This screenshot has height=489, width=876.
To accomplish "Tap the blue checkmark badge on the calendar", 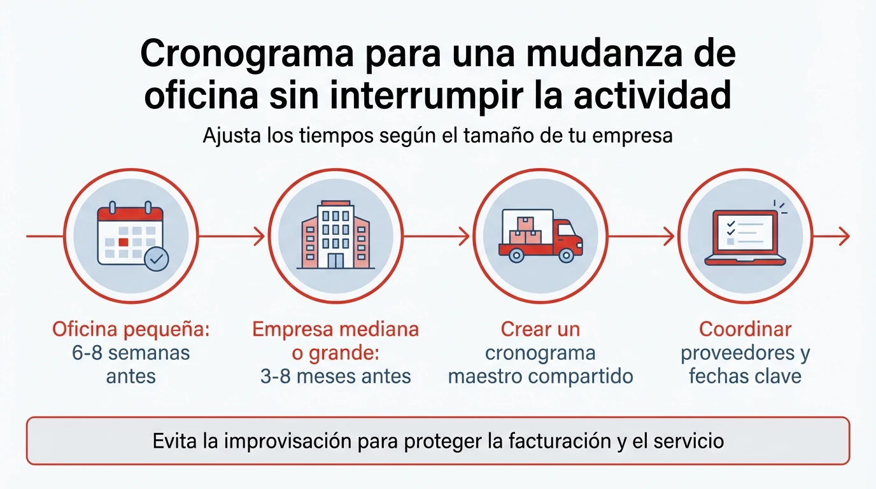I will [157, 259].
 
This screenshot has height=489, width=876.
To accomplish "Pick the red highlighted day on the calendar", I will [124, 242].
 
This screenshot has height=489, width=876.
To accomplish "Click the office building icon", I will [336, 235].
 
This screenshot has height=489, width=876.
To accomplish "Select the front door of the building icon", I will [336, 260].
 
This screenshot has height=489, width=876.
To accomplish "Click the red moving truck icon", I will [540, 236].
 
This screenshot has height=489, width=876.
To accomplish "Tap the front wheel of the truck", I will [565, 255].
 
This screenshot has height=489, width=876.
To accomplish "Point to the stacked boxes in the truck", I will [525, 231].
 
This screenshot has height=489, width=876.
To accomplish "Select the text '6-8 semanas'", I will [131, 353].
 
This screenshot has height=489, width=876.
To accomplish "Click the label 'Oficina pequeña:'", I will [131, 330].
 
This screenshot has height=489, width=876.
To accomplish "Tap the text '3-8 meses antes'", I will [336, 376].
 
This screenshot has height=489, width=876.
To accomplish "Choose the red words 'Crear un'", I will [540, 330].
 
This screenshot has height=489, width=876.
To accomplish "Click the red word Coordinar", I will [745, 330].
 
